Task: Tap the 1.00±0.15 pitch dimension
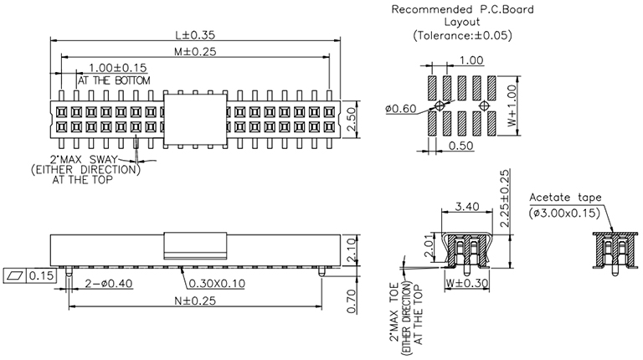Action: pos(117,68)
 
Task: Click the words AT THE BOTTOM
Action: pos(115,80)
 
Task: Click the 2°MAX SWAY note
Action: pos(86,158)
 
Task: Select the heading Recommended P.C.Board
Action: pos(463,10)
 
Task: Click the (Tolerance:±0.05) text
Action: pos(463,36)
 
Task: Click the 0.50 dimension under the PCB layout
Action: pos(459,145)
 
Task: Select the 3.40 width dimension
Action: pos(466,206)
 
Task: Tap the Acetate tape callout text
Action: pos(565,198)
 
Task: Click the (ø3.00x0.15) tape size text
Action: pos(565,213)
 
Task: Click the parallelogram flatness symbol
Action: pos(16,275)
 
